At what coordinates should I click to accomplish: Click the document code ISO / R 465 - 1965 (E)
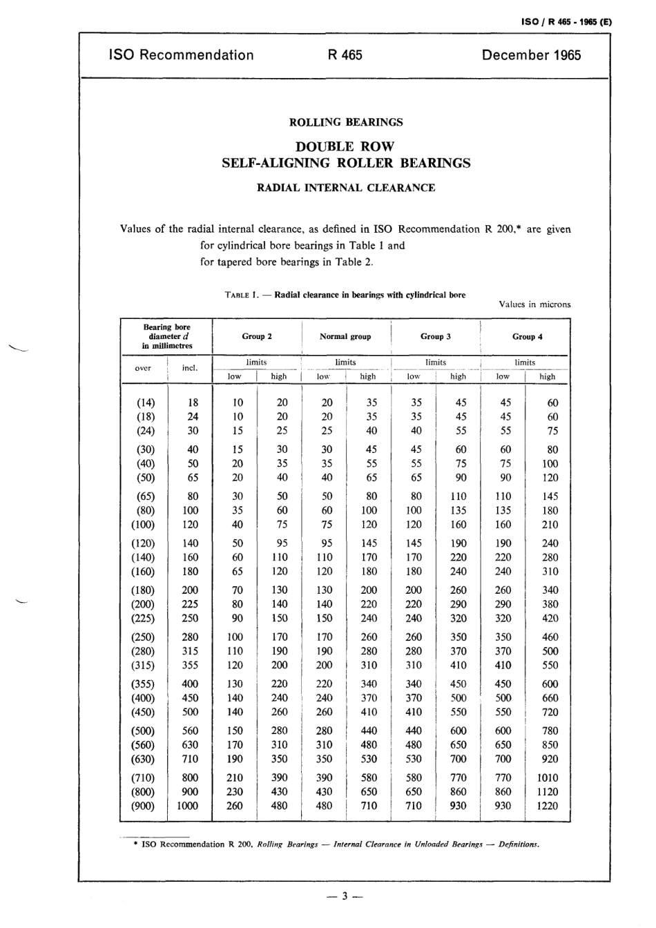[566, 22]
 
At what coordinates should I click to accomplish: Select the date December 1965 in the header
[531, 55]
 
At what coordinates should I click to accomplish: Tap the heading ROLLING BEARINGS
[345, 122]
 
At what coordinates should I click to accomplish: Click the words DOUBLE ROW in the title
[345, 146]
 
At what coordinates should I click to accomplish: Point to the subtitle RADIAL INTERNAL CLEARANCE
[345, 188]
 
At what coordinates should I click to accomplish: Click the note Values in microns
[534, 304]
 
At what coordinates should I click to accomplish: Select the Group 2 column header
[256, 336]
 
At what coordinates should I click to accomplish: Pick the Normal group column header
[345, 336]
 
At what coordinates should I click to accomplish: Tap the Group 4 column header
[527, 336]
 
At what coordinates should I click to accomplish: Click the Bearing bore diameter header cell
[166, 336]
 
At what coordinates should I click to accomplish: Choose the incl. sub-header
[189, 368]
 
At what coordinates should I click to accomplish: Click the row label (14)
[143, 403]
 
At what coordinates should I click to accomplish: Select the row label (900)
[143, 806]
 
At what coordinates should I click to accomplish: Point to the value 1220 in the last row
[547, 806]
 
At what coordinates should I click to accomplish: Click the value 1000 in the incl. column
[187, 806]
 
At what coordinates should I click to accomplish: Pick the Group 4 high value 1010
[547, 777]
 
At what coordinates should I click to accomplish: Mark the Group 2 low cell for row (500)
[235, 731]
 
